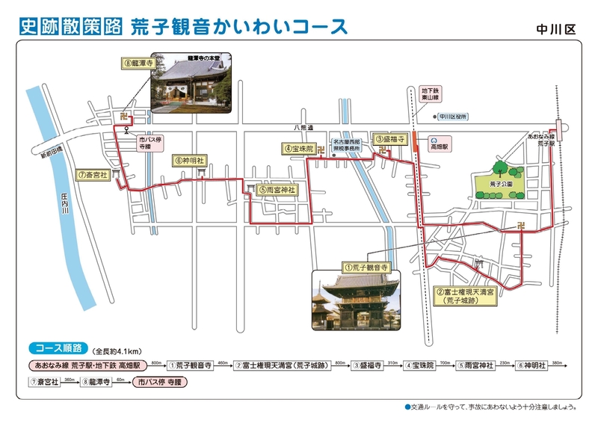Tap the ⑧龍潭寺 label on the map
pyautogui.click(x=137, y=64)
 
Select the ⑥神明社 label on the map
pyautogui.click(x=188, y=160)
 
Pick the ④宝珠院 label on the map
pyautogui.click(x=299, y=149)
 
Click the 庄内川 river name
pyautogui.click(x=65, y=206)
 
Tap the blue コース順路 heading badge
pyautogui.click(x=60, y=348)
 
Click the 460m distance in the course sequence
pyautogui.click(x=222, y=362)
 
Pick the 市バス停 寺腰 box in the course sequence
pyautogui.click(x=160, y=381)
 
